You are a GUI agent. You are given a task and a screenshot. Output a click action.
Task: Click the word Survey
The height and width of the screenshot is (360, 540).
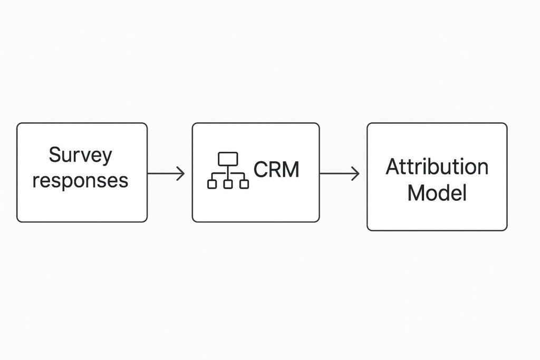(80, 156)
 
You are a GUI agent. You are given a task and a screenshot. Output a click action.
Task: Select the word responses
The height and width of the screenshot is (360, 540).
(80, 181)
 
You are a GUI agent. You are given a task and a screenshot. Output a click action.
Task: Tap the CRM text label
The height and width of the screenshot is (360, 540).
(276, 170)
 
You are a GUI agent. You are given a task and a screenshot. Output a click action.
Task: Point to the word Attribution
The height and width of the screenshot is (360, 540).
(437, 167)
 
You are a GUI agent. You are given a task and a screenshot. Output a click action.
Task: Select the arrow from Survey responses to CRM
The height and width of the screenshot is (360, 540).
(166, 173)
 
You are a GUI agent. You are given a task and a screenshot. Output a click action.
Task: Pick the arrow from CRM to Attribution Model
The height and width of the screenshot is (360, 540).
(340, 173)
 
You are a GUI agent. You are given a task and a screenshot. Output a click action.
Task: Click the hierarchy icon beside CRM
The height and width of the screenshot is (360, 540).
(228, 170)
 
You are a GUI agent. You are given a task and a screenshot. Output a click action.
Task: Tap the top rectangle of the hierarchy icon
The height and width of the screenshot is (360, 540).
(228, 158)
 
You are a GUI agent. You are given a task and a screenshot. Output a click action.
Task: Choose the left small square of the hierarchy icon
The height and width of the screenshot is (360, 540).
(212, 184)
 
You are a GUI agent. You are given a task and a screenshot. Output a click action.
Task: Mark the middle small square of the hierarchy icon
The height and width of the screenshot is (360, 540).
(228, 184)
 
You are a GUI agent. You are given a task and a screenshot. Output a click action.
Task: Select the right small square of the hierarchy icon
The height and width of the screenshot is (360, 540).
(244, 184)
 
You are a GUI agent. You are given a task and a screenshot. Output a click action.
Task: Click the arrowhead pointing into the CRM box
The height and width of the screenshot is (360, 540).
(181, 173)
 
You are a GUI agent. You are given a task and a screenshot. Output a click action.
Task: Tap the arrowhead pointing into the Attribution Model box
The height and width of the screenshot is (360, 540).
(356, 173)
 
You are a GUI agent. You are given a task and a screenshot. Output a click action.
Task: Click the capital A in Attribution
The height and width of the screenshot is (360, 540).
(393, 167)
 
